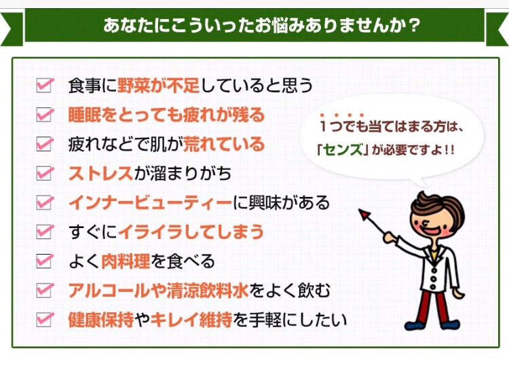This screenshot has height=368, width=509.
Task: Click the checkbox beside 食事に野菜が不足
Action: point(44,86)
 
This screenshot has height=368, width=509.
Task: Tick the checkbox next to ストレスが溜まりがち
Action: point(44,173)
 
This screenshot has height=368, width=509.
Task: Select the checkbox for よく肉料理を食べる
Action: point(44,261)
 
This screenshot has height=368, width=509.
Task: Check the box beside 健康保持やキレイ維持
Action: point(44,320)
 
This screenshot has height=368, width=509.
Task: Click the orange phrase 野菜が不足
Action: point(158,86)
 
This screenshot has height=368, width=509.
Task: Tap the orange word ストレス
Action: point(100,173)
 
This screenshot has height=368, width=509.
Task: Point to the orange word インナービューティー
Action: point(150,203)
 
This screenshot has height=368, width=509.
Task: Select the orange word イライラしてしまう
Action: point(191,232)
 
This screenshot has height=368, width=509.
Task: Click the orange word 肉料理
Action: point(126,261)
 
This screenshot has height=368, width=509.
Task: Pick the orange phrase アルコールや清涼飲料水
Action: point(158,291)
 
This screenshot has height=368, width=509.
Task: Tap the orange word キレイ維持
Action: point(191,320)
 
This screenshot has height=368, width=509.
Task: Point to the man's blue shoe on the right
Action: point(450,324)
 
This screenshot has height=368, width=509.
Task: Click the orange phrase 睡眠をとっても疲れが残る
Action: point(166,115)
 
